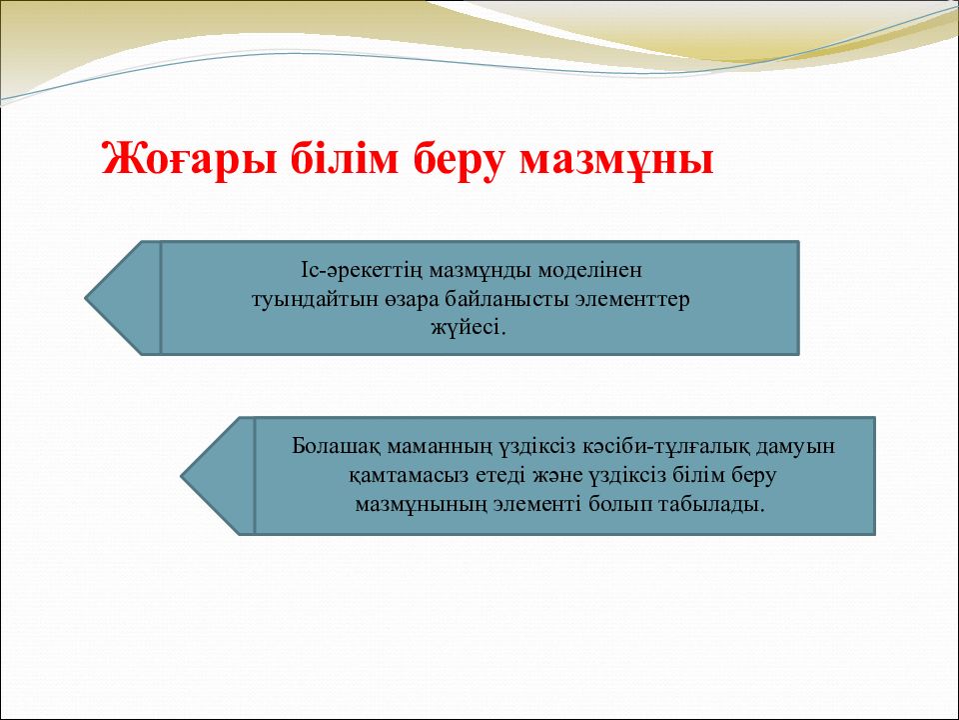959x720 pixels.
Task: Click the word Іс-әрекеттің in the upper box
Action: point(362,270)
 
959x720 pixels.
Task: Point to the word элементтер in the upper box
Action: point(633,301)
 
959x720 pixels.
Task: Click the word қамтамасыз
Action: point(409,476)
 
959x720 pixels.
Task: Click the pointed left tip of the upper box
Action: point(85,298)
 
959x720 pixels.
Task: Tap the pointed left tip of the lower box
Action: point(181,476)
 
